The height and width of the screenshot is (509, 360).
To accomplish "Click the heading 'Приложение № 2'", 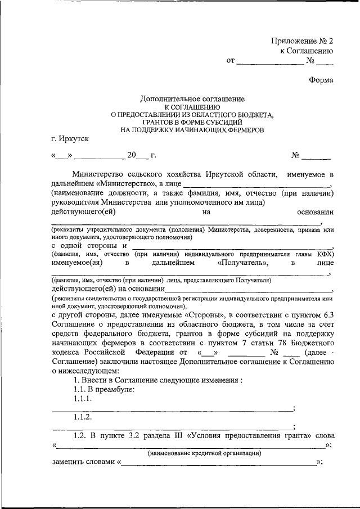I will [x=303, y=41].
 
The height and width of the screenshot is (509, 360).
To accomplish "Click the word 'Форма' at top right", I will [x=321, y=80].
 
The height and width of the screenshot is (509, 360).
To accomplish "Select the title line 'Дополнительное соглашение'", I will [x=192, y=98].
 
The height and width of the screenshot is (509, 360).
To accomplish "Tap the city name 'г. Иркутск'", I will [x=69, y=138].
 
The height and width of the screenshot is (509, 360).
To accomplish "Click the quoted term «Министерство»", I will [x=123, y=183].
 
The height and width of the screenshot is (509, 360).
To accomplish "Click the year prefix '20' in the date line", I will [x=132, y=155].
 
